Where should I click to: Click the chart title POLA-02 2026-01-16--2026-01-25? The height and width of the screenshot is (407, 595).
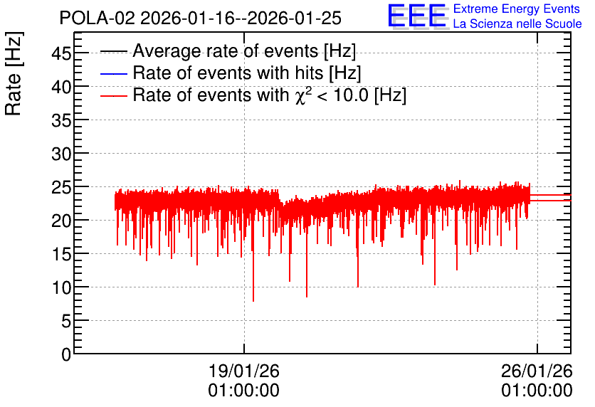tap(201, 18)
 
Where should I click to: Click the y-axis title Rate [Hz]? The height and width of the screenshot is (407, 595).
tap(14, 73)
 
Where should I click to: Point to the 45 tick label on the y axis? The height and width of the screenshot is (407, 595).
tap(61, 53)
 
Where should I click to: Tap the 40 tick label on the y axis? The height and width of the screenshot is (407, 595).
tap(61, 87)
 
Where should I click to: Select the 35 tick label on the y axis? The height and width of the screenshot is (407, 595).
tap(61, 120)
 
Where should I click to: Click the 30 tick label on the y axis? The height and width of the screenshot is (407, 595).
tap(61, 154)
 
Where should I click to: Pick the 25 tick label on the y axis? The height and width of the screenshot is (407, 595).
tap(61, 187)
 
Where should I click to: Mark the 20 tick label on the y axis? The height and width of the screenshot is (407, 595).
tap(61, 221)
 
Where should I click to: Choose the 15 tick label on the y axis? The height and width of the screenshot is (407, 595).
tap(61, 254)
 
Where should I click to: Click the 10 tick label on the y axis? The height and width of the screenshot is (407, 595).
tap(61, 288)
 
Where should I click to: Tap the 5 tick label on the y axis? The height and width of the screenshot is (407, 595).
tap(66, 322)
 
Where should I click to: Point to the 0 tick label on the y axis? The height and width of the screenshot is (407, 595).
tap(66, 354)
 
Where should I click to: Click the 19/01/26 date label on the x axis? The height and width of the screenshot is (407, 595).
tap(244, 371)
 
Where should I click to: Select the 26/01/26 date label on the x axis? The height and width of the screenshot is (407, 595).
tap(537, 371)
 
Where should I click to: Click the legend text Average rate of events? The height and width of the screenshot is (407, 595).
tap(226, 51)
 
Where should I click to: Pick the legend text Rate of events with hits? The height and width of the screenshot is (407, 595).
tap(228, 73)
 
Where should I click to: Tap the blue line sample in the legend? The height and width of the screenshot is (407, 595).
tap(113, 73)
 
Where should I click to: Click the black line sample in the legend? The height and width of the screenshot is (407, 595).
tap(113, 51)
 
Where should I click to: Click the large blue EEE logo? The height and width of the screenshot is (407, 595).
tap(417, 16)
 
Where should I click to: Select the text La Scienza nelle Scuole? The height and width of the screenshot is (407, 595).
tap(517, 24)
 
